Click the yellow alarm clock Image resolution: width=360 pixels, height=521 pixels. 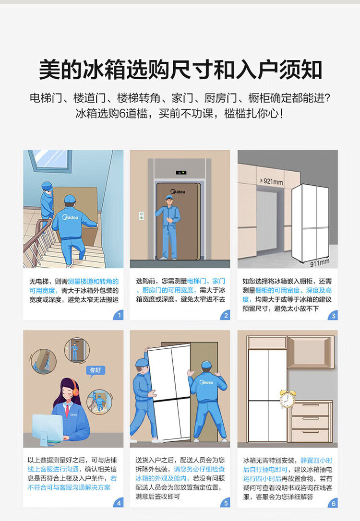coord(287,398)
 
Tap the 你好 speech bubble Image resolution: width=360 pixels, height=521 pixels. coord(96,370)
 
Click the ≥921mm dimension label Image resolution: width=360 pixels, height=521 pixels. coord(271,181)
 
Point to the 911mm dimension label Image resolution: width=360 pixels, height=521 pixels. coord(320,263)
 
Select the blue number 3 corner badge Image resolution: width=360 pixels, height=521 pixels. coord(333,315)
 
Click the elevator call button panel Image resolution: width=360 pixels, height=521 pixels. coord(142,215)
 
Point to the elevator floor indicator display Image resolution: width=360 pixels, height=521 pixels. coord(181,172)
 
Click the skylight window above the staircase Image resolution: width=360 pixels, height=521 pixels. coord(50,161)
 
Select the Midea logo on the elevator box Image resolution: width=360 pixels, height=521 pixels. coord(178,192)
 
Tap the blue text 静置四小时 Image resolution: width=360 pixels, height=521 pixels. coord(316,461)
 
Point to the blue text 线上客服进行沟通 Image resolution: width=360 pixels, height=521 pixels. coord(53,469)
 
